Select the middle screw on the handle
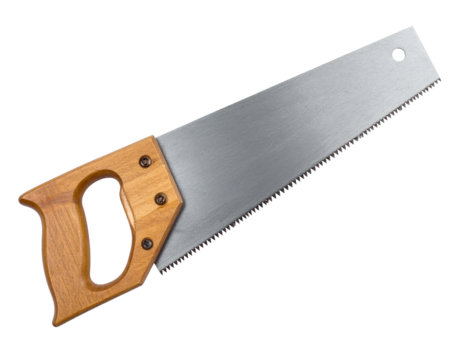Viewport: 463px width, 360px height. pyautogui.click(x=159, y=199)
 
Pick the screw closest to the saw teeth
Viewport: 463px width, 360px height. pyautogui.click(x=147, y=242)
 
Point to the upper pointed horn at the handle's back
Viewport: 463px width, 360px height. pyautogui.click(x=23, y=195)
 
